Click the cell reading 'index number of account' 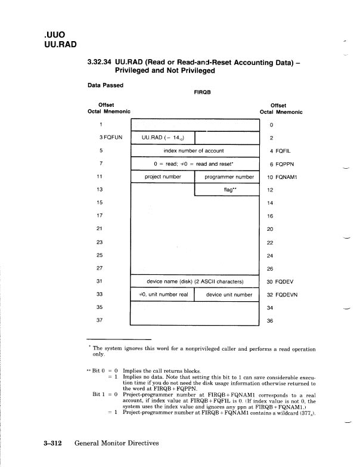[195, 151]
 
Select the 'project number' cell [163, 177]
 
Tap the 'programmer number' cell [229, 177]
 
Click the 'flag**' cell [228, 190]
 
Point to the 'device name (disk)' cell [195, 282]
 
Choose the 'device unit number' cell [229, 295]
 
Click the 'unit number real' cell [163, 295]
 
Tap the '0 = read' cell [195, 164]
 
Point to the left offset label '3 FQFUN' [111, 138]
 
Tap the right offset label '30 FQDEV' [280, 282]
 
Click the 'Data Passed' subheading [105, 85]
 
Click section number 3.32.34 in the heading [103, 61]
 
